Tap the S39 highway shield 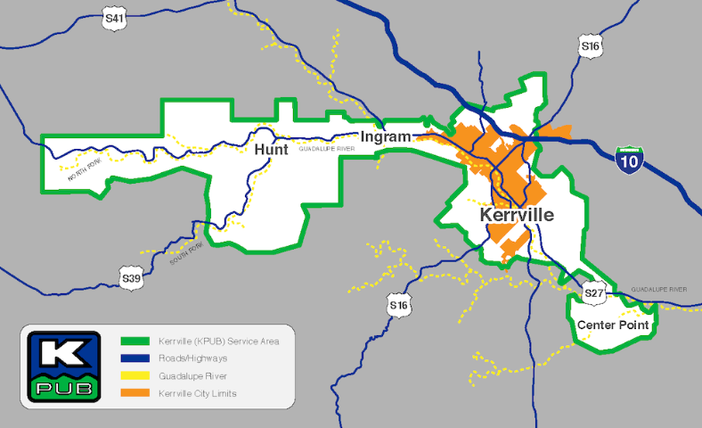point(130,278)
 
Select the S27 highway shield point(594,292)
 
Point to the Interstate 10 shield point(631,160)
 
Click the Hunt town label point(271,151)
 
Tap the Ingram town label point(386,136)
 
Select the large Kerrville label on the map point(516,215)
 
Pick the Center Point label point(613,325)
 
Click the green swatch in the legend point(135,342)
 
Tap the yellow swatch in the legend point(135,376)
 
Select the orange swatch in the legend point(135,393)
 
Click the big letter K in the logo point(58,351)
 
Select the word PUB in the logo point(58,387)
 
